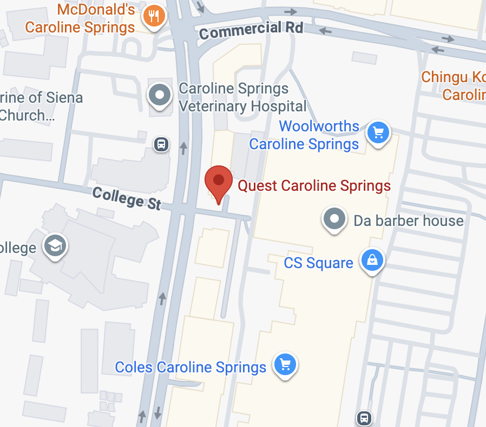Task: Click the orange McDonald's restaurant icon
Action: pos(153,16)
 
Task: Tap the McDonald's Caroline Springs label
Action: pos(80,18)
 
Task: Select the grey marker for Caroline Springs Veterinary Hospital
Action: pos(160,95)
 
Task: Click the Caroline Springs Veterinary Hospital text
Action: pos(242,97)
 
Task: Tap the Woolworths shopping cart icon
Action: pos(378,132)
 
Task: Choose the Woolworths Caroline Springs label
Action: pos(311,135)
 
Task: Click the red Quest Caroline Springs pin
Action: pos(219,181)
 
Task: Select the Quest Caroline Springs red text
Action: pos(314,186)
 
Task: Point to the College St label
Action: pos(127,198)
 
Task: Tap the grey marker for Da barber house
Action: pos(334,219)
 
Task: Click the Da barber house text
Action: pos(408,221)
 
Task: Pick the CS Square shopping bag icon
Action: pos(372,260)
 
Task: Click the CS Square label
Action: pos(318,263)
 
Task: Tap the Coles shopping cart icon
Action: pos(285,365)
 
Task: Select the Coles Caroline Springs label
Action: pos(191,368)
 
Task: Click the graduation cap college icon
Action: pos(55,246)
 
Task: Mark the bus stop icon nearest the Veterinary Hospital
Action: pos(161,144)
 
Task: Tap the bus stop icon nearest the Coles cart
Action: pos(364,418)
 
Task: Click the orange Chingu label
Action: pos(454,86)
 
